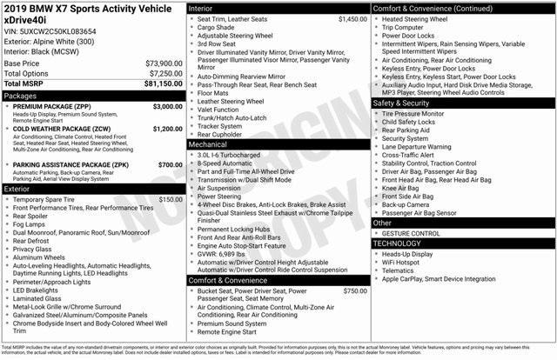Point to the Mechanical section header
[209, 145]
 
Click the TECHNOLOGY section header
[401, 243]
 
